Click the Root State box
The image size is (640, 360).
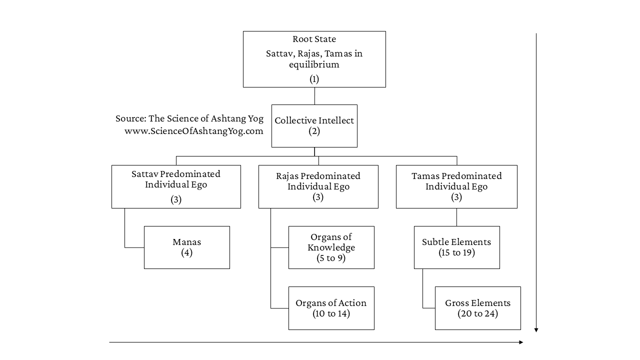(314, 59)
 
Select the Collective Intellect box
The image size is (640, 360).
(314, 126)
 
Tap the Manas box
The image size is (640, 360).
(187, 247)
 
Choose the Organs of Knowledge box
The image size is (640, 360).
(331, 247)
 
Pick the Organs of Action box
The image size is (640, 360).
(331, 308)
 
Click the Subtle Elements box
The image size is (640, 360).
(457, 247)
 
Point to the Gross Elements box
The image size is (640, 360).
(478, 308)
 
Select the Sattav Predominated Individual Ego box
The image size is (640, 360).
(176, 186)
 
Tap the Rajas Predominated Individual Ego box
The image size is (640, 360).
(318, 186)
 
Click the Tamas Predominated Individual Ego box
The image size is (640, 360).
(456, 186)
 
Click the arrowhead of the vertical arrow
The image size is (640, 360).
(536, 330)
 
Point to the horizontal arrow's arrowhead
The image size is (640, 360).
(521, 342)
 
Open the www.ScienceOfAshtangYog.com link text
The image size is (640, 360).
(193, 131)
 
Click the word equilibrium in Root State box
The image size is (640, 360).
(314, 64)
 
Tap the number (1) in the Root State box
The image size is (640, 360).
(314, 79)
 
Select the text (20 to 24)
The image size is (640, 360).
(478, 313)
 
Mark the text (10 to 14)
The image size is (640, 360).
(331, 313)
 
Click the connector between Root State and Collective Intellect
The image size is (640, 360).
(314, 96)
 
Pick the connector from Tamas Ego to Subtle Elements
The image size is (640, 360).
(456, 217)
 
